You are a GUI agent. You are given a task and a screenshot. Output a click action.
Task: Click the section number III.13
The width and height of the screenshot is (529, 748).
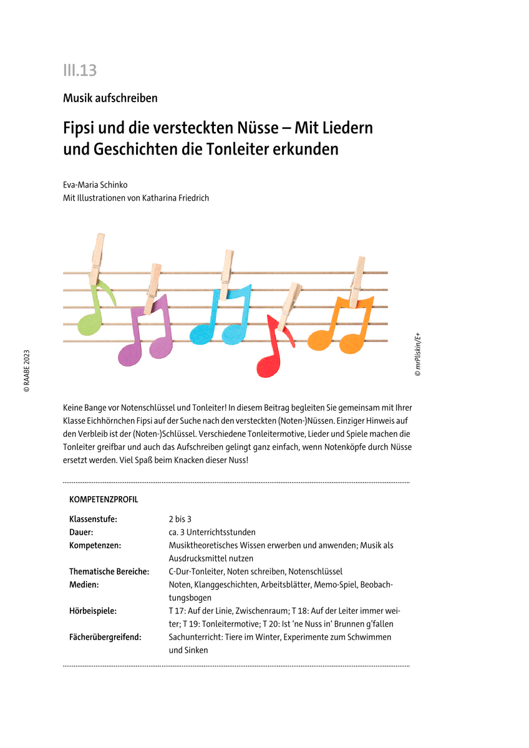click(80, 70)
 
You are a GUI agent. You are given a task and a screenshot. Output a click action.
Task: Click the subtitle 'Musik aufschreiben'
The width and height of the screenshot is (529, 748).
click(110, 98)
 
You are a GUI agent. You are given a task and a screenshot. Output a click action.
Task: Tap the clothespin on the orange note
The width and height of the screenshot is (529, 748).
click(357, 280)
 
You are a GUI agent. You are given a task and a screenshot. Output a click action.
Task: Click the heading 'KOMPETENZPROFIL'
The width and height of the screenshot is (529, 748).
click(104, 500)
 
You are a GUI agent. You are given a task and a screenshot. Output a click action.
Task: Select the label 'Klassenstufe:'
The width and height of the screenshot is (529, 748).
click(93, 519)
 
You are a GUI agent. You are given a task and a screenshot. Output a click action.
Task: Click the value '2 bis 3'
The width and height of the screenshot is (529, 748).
click(180, 519)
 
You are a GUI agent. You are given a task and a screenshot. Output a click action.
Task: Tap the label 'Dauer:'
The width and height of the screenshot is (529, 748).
click(82, 532)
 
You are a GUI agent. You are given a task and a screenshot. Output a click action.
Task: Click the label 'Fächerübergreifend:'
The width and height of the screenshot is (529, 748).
click(105, 637)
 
